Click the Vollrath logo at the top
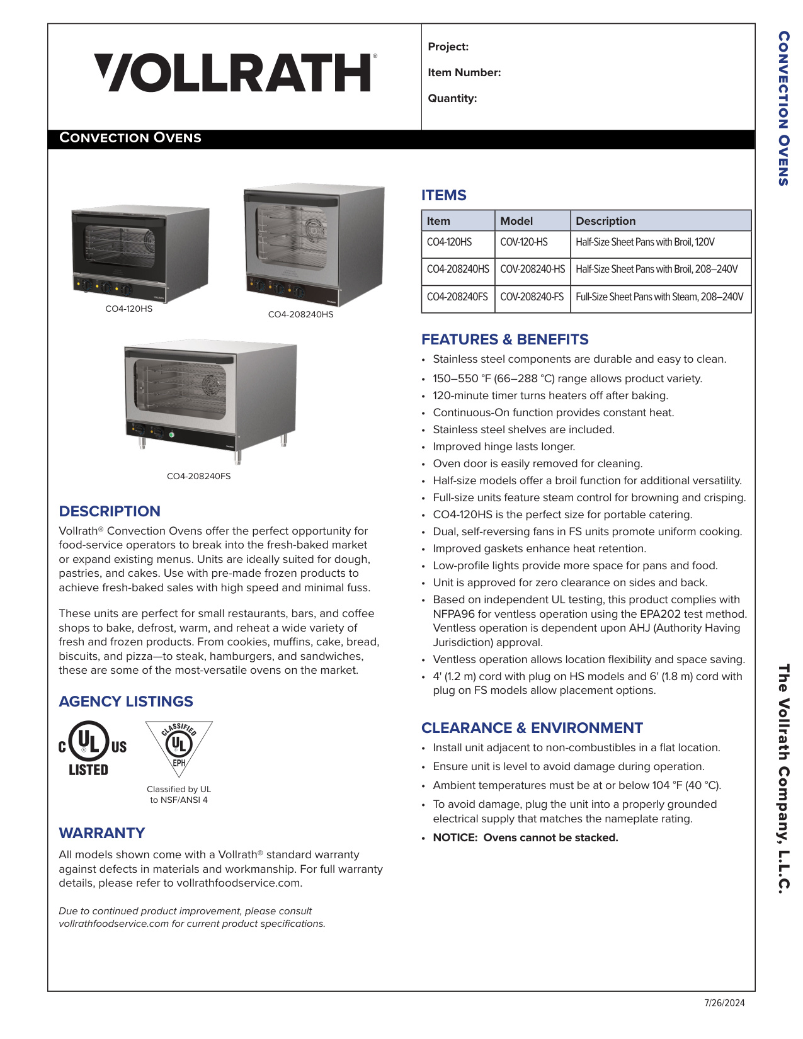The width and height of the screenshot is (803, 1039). pyautogui.click(x=234, y=72)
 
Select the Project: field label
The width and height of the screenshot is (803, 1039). pyautogui.click(x=448, y=47)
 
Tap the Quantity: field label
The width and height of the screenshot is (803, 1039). pyautogui.click(x=452, y=98)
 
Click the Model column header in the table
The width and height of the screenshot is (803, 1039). pyautogui.click(x=516, y=221)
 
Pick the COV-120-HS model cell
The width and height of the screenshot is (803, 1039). pyautogui.click(x=524, y=242)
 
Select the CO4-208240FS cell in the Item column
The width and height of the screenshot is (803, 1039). pyautogui.click(x=457, y=297)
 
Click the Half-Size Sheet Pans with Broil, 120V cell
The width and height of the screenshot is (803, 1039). pyautogui.click(x=645, y=242)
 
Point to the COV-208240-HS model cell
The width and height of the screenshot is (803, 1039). pyautogui.click(x=532, y=270)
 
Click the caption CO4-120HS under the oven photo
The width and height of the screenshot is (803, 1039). pyautogui.click(x=128, y=309)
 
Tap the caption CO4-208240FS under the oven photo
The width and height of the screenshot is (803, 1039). pyautogui.click(x=198, y=476)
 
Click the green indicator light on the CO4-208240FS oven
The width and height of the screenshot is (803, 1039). pyautogui.click(x=171, y=434)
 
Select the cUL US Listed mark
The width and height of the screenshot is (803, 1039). pyautogui.click(x=92, y=748)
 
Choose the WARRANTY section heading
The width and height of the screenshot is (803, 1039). pyautogui.click(x=102, y=833)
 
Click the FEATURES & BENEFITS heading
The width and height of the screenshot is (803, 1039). pyautogui.click(x=504, y=339)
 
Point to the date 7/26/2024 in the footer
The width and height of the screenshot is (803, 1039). pyautogui.click(x=724, y=1003)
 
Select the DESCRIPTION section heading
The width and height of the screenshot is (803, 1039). pyautogui.click(x=110, y=511)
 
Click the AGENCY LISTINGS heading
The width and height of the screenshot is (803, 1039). pyautogui.click(x=126, y=701)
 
